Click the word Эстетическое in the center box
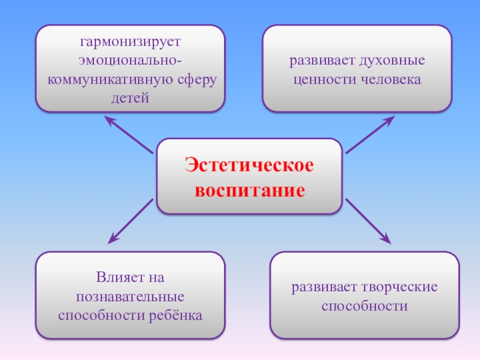(249, 166)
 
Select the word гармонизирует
(130, 43)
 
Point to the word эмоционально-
(130, 61)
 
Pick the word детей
(130, 97)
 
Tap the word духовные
(392, 61)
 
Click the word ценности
(321, 79)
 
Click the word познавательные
(130, 297)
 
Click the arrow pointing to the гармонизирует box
(130, 133)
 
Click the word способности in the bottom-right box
(364, 306)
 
